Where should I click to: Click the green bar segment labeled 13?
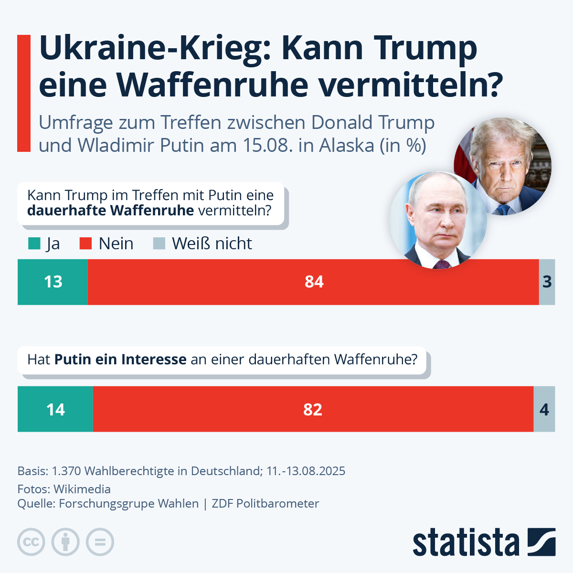coord(53,282)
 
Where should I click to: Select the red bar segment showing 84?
coord(313,282)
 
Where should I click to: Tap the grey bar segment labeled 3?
coord(547,282)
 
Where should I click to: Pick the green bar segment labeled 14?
coord(55,409)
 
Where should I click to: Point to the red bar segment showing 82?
coord(313,409)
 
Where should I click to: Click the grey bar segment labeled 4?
coord(544,409)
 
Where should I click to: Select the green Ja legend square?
coord(34,244)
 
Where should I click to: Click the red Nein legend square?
coord(85,244)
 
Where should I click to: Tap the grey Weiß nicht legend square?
coord(159,244)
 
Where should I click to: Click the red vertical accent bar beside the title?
coord(24,93)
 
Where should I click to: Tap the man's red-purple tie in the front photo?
coord(442,264)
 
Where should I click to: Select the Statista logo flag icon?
coord(541,542)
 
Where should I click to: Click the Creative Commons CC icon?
coord(32,542)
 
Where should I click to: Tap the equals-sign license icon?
coord(100,542)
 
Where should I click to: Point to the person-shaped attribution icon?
coord(66,542)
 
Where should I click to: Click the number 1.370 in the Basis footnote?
coord(66,471)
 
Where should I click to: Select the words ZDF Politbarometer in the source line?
coord(265,503)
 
